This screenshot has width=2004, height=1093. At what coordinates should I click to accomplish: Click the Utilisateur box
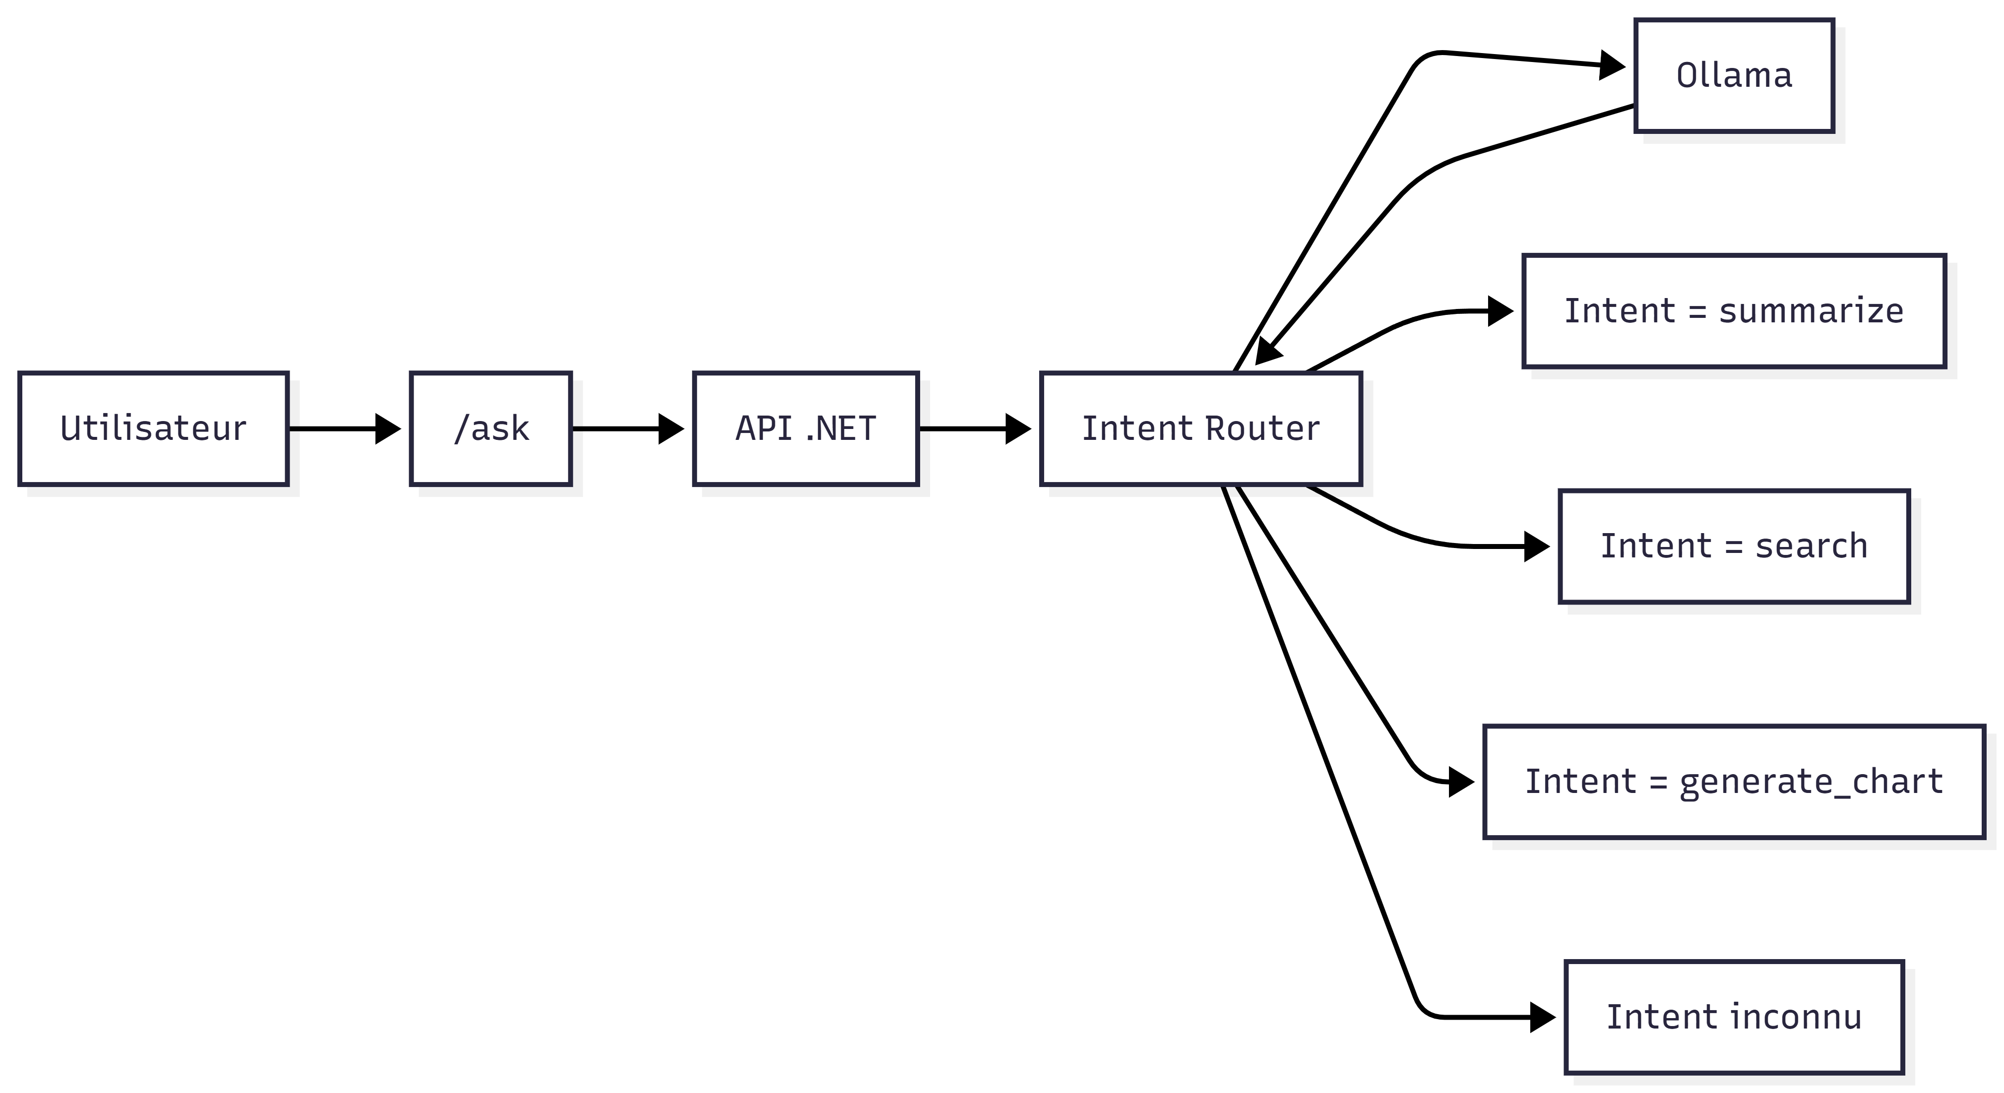tap(153, 428)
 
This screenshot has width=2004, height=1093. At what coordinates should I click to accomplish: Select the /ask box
tap(491, 428)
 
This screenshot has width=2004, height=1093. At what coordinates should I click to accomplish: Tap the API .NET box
tap(806, 428)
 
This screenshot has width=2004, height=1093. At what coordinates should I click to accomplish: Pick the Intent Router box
tap(1201, 428)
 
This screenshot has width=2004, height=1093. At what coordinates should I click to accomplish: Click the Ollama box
tap(1734, 75)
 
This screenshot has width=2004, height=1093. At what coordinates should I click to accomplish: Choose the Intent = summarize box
tap(1734, 311)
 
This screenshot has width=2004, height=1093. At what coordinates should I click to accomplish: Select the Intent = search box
tap(1734, 546)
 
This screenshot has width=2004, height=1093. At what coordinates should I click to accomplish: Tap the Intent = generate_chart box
tap(1734, 782)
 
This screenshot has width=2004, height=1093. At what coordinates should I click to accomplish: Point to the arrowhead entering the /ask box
tap(389, 428)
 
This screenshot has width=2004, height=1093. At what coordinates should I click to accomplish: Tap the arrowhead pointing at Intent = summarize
tap(1501, 311)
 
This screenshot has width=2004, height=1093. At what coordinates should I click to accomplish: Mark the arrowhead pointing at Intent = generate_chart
tap(1462, 782)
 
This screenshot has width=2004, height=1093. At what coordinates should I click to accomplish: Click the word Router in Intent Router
tap(1262, 428)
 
